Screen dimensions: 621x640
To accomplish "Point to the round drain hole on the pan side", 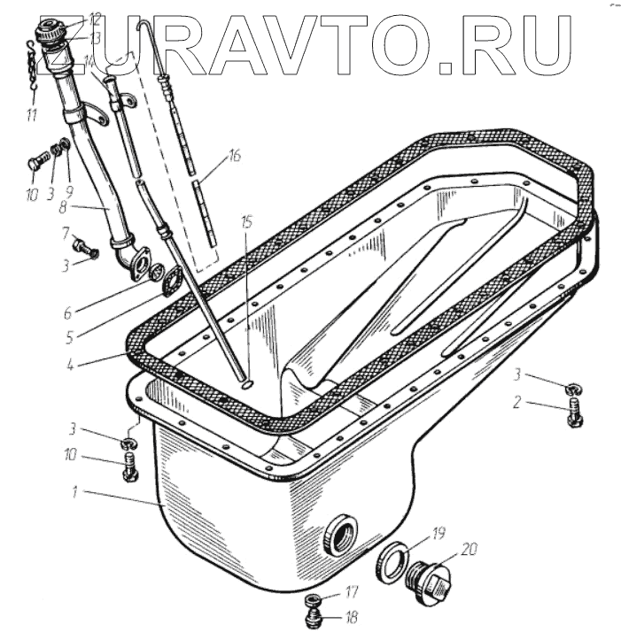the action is [x=339, y=534].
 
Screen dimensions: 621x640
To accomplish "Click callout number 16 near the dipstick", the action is [x=233, y=157].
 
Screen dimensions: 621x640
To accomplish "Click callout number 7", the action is [x=66, y=232].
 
